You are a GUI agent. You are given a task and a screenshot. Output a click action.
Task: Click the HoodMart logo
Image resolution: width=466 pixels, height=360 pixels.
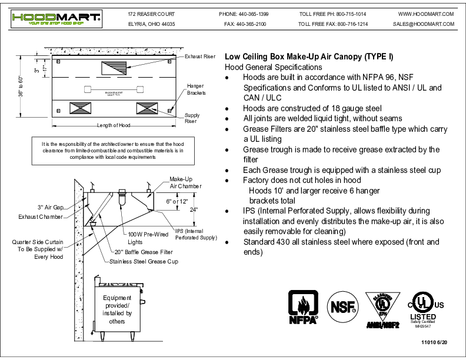coord(56,19)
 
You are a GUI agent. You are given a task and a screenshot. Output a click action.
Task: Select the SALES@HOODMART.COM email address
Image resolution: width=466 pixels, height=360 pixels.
coord(424,25)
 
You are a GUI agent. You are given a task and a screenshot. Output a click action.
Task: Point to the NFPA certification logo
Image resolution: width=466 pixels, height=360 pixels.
coord(303,308)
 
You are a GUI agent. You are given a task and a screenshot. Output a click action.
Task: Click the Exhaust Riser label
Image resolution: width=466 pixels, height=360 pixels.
coord(200,57)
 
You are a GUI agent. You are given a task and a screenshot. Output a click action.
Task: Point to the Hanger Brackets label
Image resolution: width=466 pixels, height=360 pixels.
coord(196,89)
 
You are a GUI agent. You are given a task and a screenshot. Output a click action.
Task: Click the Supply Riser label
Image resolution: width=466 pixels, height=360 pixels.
coord(192,118)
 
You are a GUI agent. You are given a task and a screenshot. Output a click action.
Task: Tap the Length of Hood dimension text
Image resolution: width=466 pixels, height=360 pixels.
coord(114,125)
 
